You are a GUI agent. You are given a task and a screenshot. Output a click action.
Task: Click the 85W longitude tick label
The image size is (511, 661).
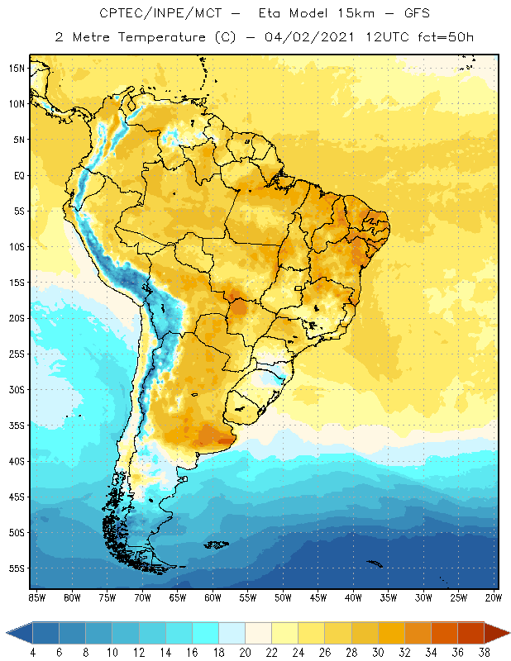[x=37, y=597]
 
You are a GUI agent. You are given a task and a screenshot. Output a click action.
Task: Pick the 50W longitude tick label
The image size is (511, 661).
[x=284, y=597]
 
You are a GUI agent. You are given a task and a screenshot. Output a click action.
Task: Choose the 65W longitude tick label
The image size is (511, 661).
[x=178, y=597]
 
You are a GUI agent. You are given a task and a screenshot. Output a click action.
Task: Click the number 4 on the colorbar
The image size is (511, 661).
[x=32, y=653]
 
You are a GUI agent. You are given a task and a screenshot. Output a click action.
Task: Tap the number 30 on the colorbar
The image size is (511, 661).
[x=378, y=653]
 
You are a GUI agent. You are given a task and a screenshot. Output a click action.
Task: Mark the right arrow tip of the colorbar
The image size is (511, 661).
[x=509, y=633]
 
